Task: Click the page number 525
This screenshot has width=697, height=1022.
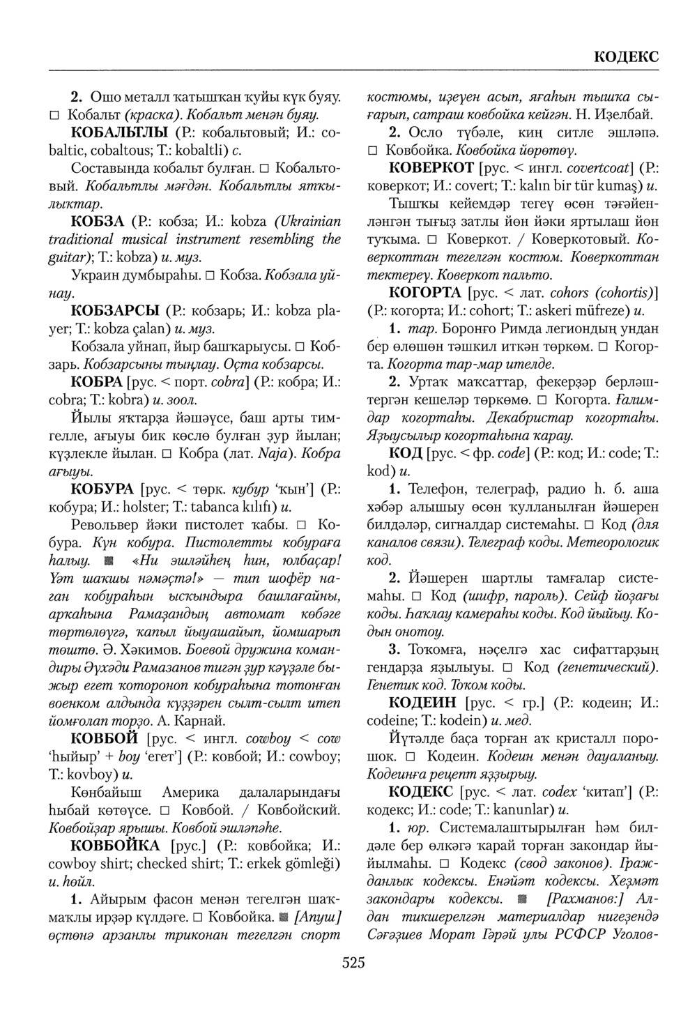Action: [353, 963]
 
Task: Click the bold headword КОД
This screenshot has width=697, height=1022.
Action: [405, 453]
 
